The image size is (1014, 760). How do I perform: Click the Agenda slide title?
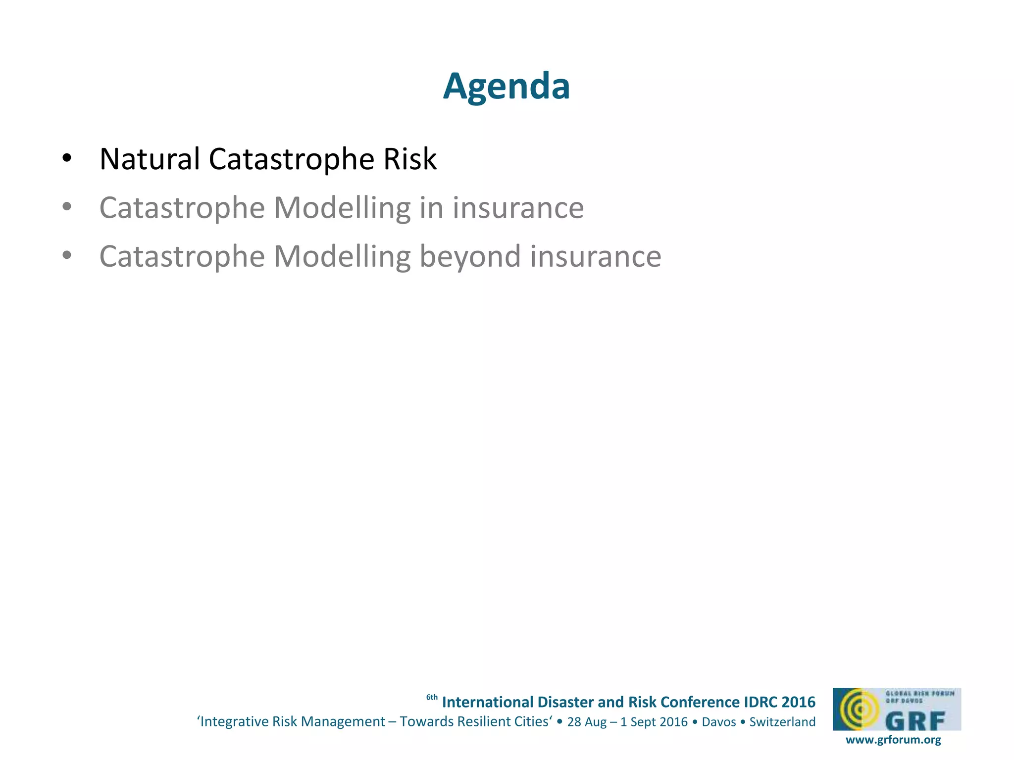click(506, 86)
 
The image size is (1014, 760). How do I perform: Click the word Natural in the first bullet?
click(149, 159)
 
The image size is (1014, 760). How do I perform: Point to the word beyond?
click(470, 257)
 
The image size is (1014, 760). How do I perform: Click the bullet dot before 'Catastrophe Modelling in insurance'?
click(67, 207)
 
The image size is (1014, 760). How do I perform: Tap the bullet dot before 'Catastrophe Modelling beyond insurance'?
click(67, 256)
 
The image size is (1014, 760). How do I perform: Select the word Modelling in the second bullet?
click(342, 208)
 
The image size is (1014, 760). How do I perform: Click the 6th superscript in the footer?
click(432, 698)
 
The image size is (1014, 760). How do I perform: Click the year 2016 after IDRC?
click(798, 702)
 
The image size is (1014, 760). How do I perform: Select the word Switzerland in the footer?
click(782, 722)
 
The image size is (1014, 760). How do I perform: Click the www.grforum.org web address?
click(893, 740)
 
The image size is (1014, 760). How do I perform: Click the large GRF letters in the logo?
click(915, 720)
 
